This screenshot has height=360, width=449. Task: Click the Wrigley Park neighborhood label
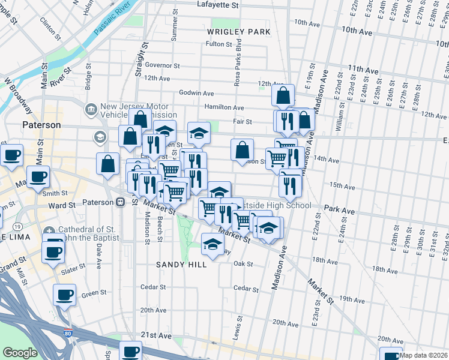[x=238, y=31]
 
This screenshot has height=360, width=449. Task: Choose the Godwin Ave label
[x=196, y=93]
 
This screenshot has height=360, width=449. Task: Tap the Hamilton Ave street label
[x=225, y=107]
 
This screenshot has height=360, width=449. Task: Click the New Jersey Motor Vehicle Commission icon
[x=92, y=109]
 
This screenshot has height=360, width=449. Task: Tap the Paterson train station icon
[x=121, y=202]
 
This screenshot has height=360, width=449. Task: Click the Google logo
[x=20, y=352]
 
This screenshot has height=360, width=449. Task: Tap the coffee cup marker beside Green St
[x=64, y=295]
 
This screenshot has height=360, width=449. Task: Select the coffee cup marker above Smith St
[x=38, y=177]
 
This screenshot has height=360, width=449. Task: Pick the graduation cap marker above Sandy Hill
[x=212, y=244]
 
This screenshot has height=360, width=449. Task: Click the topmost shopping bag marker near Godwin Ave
[x=283, y=95]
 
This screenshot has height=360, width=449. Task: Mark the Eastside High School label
[x=276, y=206]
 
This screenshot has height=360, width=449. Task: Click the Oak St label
[x=243, y=264]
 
